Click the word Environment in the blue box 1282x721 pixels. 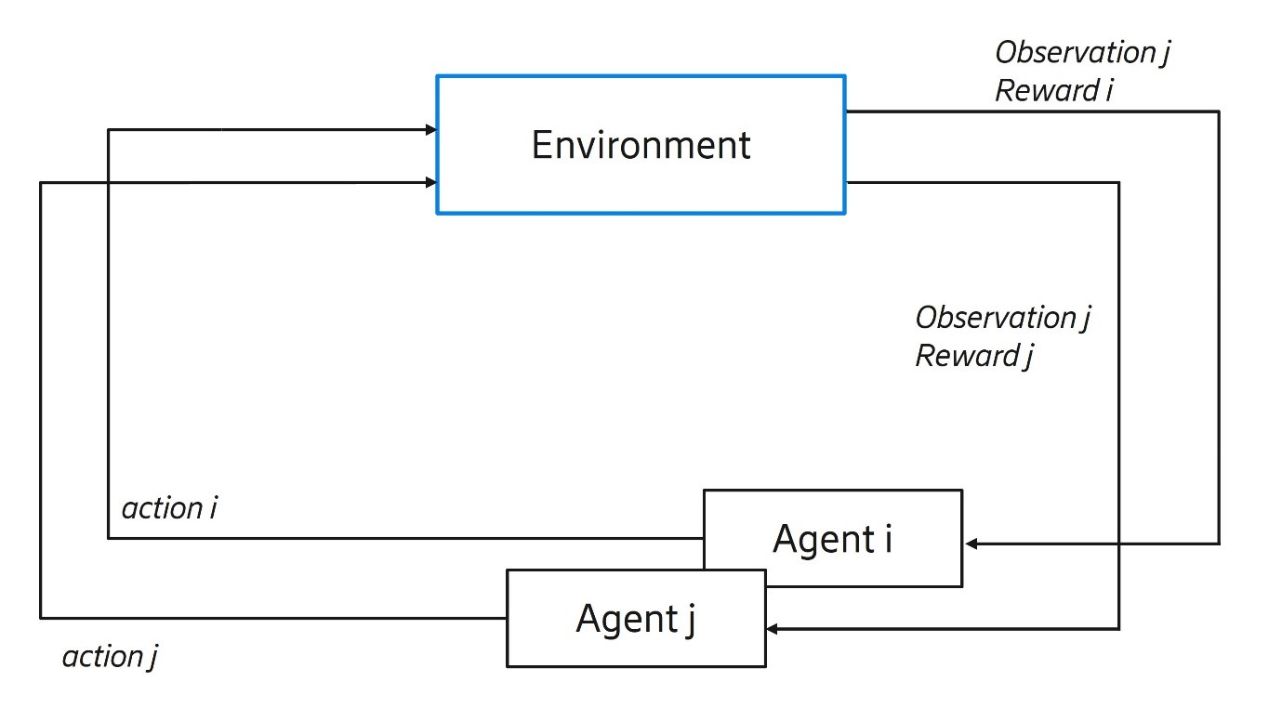coord(641,145)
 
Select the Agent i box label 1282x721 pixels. coord(832,539)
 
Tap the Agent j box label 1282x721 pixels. coord(635,618)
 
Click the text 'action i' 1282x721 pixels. coord(169,508)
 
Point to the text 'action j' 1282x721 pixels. coord(110,657)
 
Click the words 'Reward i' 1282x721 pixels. coord(1054,91)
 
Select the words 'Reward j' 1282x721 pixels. coord(974,356)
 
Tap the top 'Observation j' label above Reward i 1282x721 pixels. coord(1082,52)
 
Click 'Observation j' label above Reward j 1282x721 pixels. coord(1002,317)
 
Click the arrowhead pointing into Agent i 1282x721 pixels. coord(971,544)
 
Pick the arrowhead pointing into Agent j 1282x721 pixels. coord(773,630)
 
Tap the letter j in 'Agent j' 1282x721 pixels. coord(689,620)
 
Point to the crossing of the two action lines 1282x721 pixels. coord(109,183)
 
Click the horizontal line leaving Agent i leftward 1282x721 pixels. coord(400,538)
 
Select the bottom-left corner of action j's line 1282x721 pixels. coord(41,618)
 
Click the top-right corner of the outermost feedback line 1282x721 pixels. coord(1218,111)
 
